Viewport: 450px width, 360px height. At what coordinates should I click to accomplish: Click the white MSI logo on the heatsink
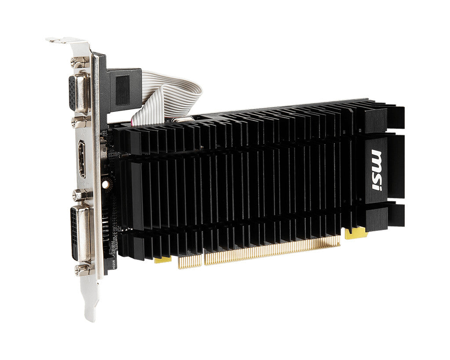(376, 170)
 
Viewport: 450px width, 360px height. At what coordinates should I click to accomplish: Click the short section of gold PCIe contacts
(190, 261)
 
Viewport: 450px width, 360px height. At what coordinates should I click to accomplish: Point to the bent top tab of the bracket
(66, 41)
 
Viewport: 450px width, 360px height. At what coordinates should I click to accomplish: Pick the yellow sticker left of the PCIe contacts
(163, 260)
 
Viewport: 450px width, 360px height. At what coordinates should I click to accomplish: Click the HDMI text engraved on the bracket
(84, 183)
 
